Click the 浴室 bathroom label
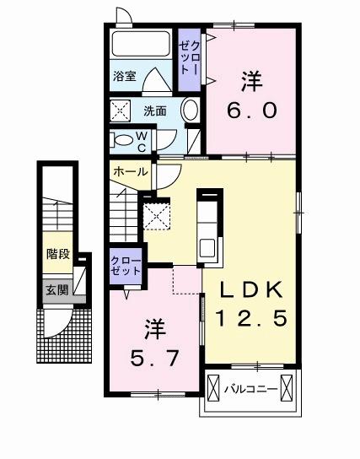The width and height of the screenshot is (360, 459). point(124,75)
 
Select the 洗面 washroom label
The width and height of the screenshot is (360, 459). point(153,111)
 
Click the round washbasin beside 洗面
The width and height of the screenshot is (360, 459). point(190,110)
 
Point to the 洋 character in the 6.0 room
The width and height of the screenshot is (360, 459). point(251,82)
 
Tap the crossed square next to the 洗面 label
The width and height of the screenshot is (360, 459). point(121,111)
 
